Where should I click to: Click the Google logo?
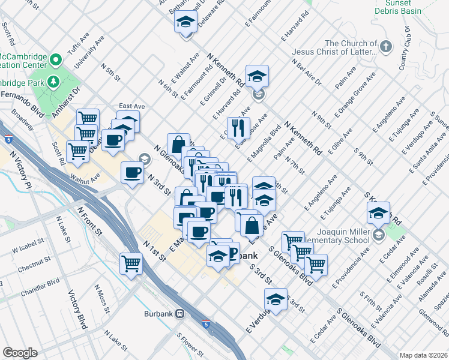[x=20, y=353]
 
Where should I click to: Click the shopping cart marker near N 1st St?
[x=131, y=262]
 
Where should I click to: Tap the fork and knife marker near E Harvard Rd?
[x=238, y=127]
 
